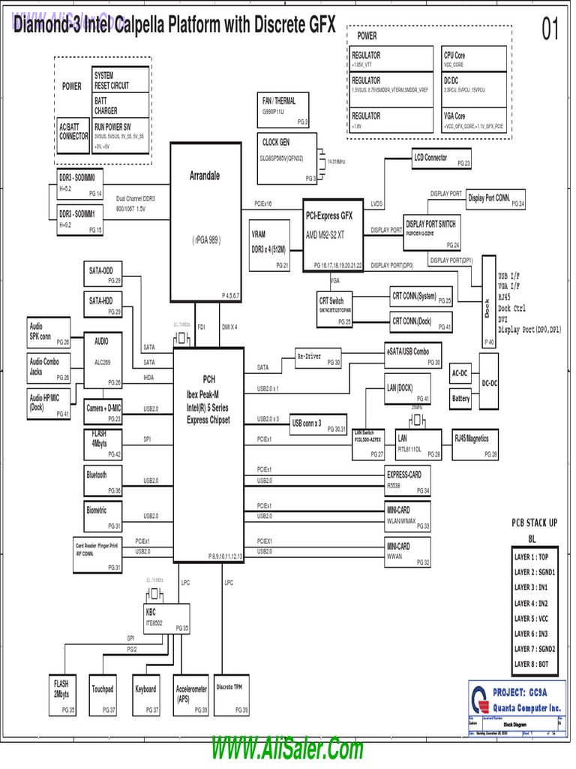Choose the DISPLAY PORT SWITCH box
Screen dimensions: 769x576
pos(431,234)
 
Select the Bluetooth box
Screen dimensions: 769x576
pos(103,481)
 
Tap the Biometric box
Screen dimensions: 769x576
pos(103,514)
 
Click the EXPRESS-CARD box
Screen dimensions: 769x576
pos(408,481)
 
